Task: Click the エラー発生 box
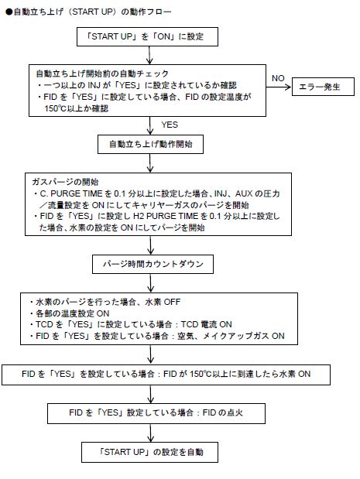coord(323,87)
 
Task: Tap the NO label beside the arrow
coord(278,78)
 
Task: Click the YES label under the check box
coord(170,125)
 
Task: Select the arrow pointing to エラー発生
coord(279,87)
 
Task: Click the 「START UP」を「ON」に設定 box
coord(147,36)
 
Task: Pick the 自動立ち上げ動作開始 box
coord(150,144)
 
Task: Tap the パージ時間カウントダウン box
coord(153,264)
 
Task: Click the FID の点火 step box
coord(156,413)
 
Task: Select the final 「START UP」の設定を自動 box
coord(149,452)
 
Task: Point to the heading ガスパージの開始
coord(65,182)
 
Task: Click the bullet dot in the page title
coord(9,12)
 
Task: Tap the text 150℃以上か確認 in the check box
coord(77,108)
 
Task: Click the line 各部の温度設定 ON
coord(72,313)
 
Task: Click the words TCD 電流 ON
coord(206,324)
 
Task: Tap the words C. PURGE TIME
coord(71,193)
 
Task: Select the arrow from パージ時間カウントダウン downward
coord(150,283)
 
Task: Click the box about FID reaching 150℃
coord(166,375)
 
